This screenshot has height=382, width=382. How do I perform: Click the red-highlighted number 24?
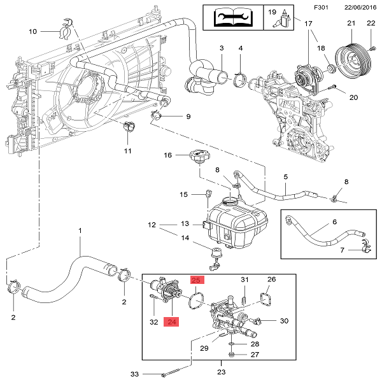point(173,322)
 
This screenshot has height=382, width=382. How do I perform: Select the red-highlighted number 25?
point(197,279)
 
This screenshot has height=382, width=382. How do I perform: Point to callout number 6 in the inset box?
point(334,223)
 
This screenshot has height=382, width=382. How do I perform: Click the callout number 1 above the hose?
point(80,230)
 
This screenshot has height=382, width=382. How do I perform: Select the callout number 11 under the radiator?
point(127,151)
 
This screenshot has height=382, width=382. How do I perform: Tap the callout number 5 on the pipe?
point(286,176)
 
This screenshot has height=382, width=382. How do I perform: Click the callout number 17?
point(309,24)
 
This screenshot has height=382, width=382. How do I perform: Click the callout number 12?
point(152,225)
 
